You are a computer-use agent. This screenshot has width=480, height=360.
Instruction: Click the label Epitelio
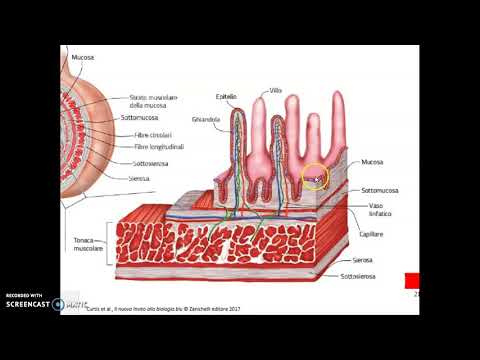226,97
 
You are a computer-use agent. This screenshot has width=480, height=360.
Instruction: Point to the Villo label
276,90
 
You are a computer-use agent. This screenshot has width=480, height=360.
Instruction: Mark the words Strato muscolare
153,98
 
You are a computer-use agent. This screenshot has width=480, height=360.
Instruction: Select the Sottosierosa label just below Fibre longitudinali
153,163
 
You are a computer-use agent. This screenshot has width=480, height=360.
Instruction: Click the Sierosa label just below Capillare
372,257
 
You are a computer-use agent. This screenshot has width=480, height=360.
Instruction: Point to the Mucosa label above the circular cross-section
83,58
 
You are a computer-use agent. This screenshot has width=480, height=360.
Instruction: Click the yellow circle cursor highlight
315,179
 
